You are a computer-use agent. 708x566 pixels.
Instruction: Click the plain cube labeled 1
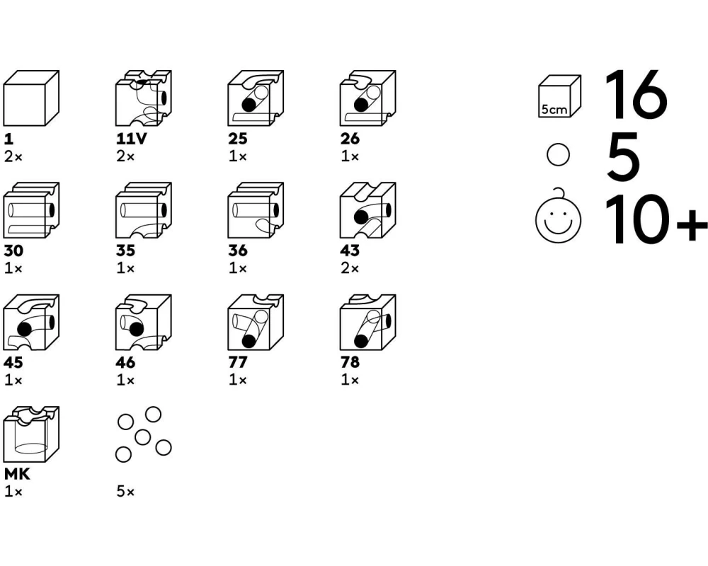pyautogui.click(x=31, y=98)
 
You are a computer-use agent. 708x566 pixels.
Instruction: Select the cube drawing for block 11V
pyautogui.click(x=144, y=98)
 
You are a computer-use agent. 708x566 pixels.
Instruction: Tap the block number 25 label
pyautogui.click(x=237, y=139)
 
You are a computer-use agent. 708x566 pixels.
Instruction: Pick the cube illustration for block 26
pyautogui.click(x=368, y=98)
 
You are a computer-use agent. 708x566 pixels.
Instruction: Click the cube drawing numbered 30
pyautogui.click(x=31, y=210)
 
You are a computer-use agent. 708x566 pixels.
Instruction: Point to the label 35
pyautogui.click(x=125, y=250)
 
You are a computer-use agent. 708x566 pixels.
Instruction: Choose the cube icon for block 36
pyautogui.click(x=256, y=210)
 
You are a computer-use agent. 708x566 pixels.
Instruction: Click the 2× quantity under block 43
pyautogui.click(x=350, y=269)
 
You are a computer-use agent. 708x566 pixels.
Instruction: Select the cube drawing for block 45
pyautogui.click(x=31, y=323)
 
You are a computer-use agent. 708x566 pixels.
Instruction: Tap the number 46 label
pyautogui.click(x=125, y=362)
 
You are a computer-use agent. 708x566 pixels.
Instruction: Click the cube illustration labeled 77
pyautogui.click(x=256, y=323)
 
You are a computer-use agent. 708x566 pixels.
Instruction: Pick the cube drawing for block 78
pyautogui.click(x=368, y=323)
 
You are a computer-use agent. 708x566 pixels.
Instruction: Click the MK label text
pyautogui.click(x=17, y=474)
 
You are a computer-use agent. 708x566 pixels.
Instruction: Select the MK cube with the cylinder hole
pyautogui.click(x=31, y=434)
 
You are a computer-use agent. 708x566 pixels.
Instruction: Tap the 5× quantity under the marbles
pyautogui.click(x=125, y=492)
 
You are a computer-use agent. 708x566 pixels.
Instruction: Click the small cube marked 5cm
pyautogui.click(x=559, y=97)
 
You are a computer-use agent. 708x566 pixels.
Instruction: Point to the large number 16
pyautogui.click(x=636, y=95)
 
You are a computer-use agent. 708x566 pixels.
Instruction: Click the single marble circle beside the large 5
pyautogui.click(x=558, y=155)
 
